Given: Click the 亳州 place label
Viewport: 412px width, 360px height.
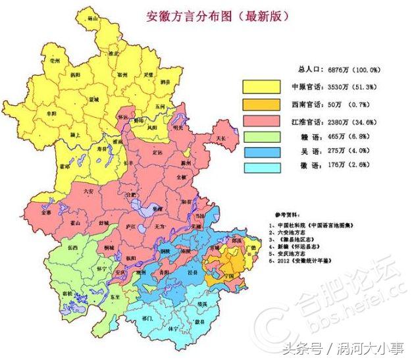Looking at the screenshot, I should point(45,61).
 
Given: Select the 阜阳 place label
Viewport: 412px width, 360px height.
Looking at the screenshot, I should point(48,113).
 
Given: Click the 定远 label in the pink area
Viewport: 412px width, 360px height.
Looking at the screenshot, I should point(157,153).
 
